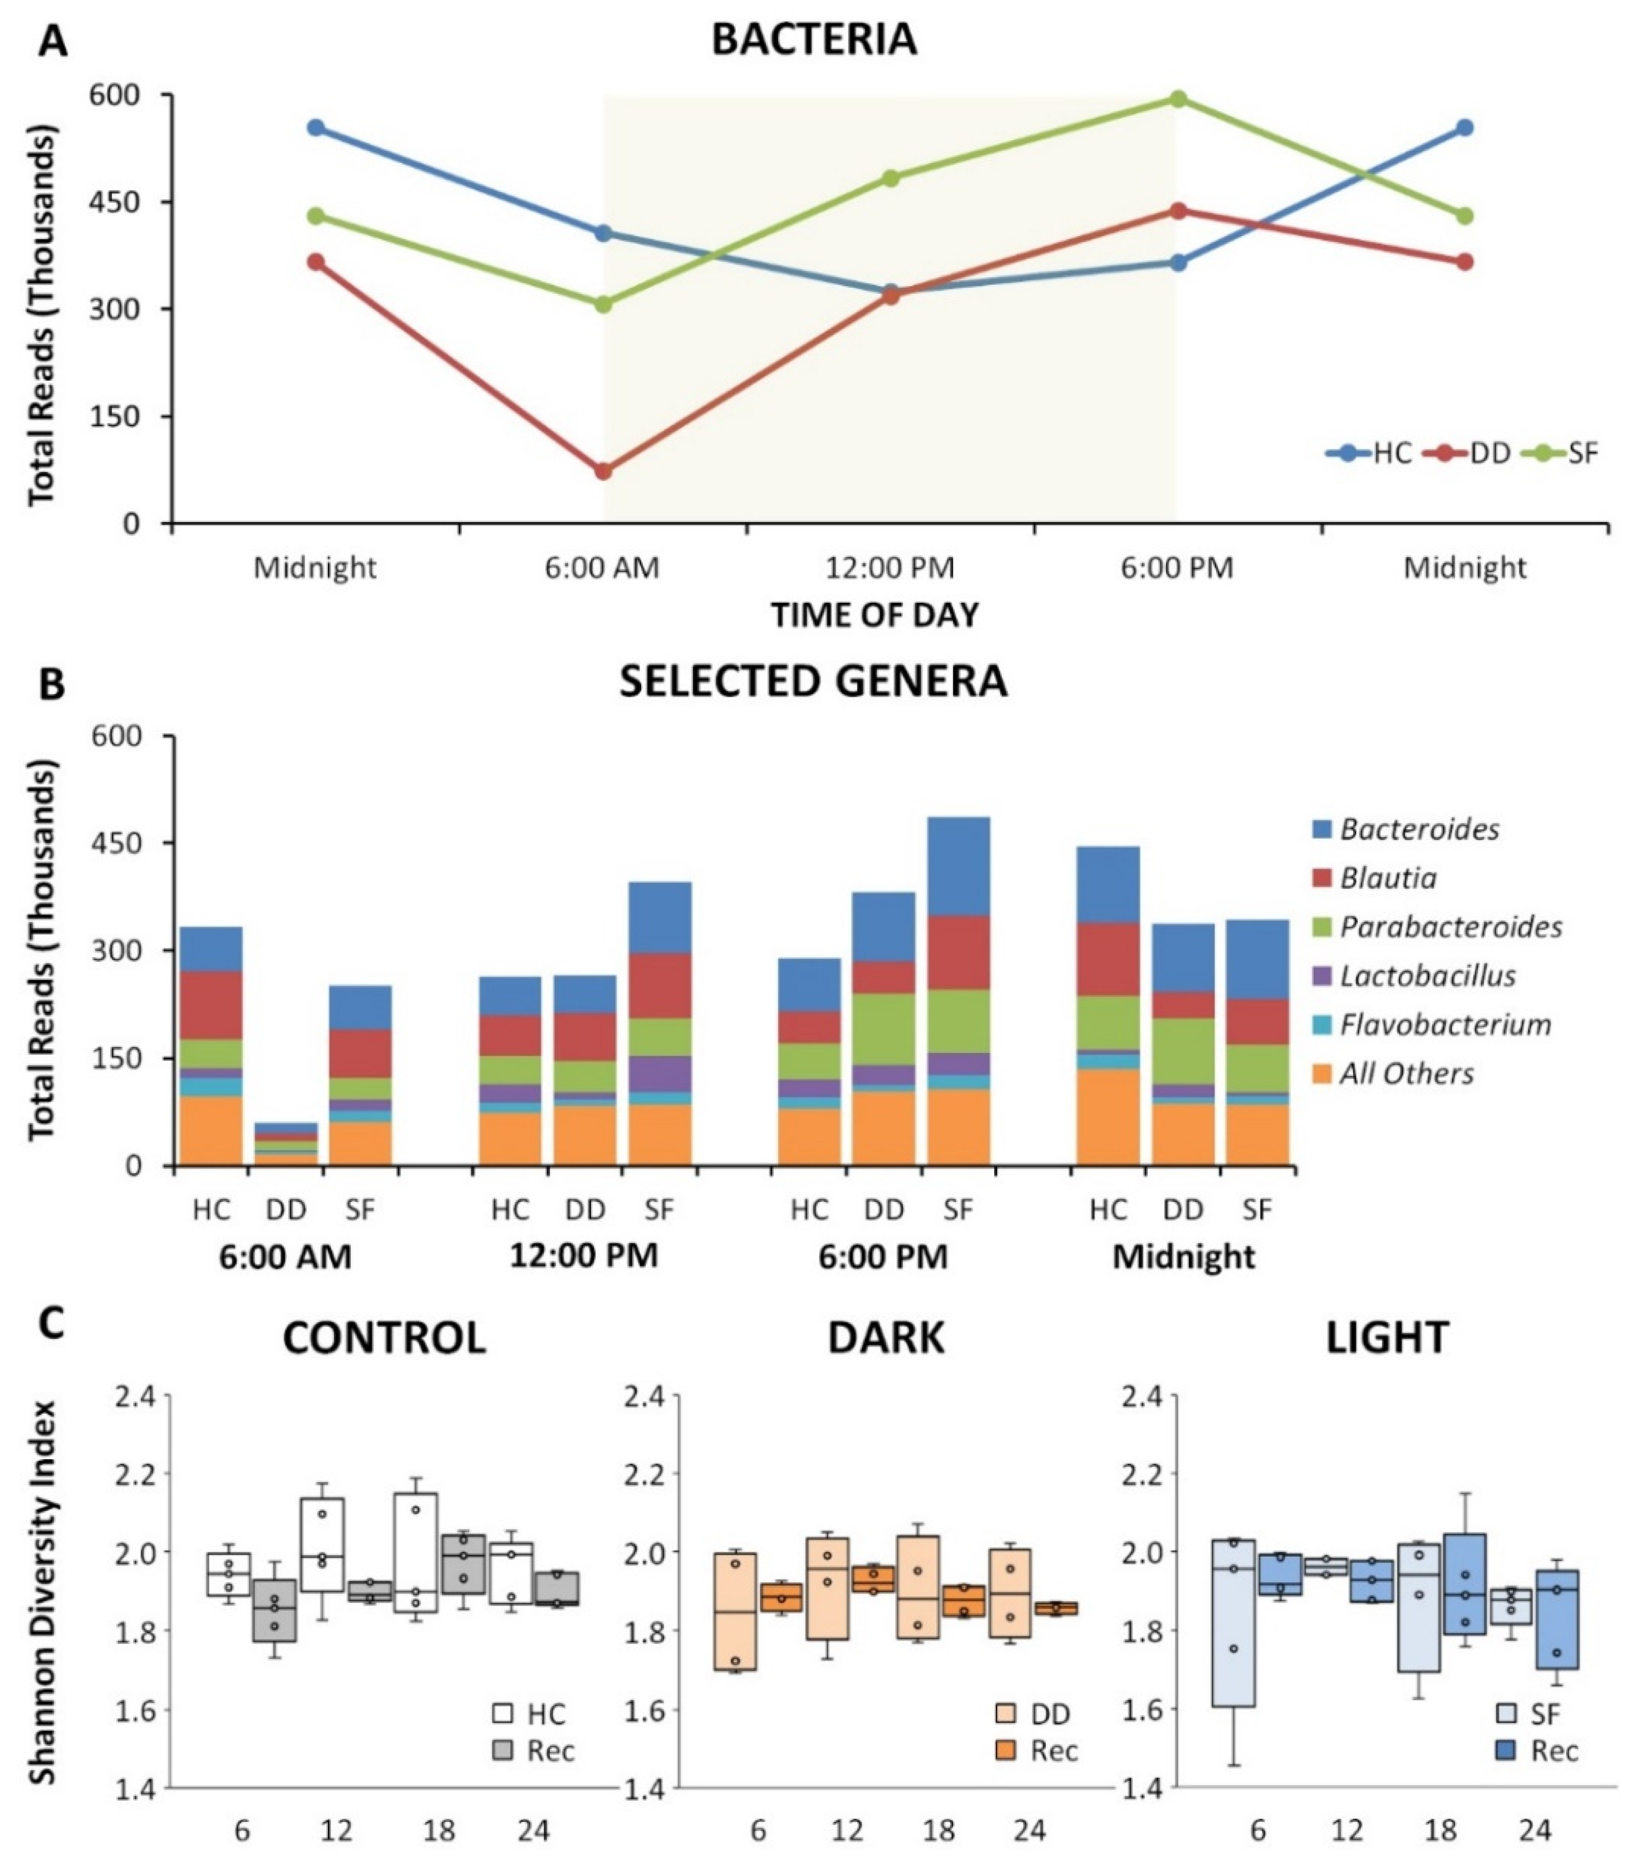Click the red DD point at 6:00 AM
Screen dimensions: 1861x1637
pos(603,471)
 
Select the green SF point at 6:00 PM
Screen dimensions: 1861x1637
pos(1177,99)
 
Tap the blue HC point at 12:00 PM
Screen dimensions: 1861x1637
pos(891,292)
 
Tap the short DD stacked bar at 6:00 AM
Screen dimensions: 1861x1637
pos(286,1144)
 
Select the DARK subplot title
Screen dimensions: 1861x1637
pos(886,1337)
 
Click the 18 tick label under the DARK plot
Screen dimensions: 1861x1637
pos(938,1830)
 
